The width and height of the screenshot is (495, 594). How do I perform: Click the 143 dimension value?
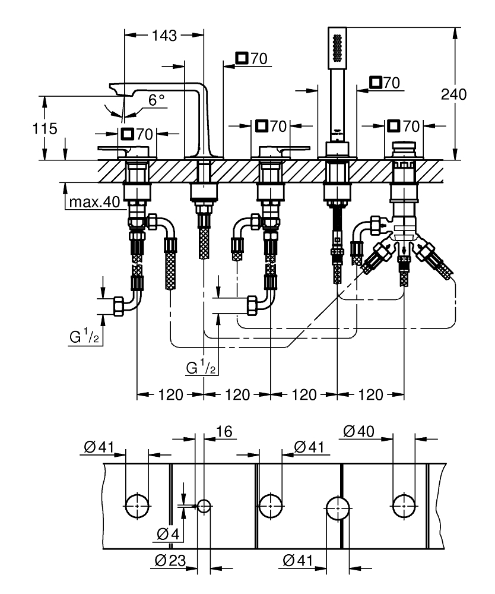point(164,36)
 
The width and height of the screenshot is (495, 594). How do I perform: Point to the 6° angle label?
point(157,100)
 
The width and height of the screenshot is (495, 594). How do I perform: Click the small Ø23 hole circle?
point(205,506)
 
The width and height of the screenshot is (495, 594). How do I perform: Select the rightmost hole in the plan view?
point(404,505)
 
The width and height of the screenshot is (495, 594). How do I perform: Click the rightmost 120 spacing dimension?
point(371,394)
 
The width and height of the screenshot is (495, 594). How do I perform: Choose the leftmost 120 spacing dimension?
point(170,394)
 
